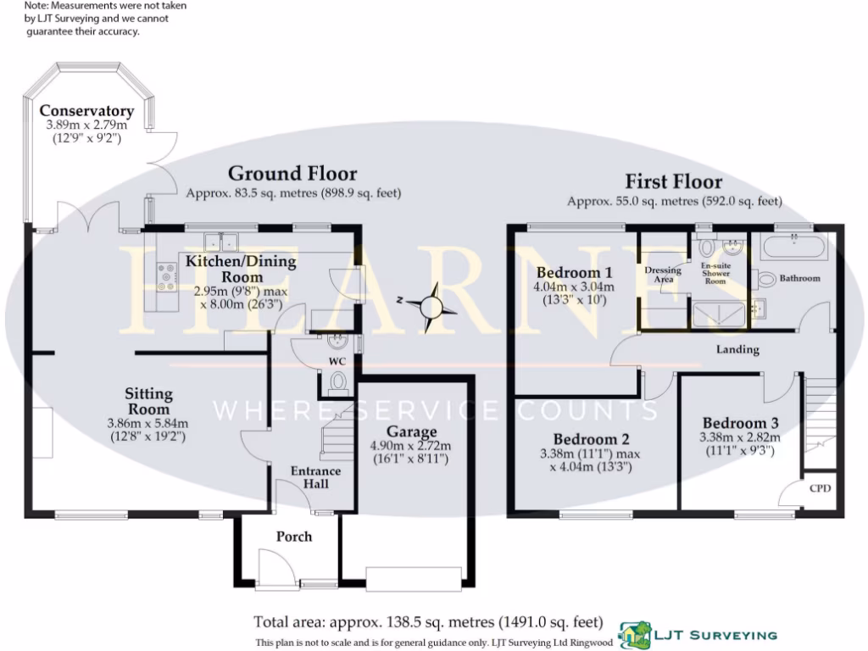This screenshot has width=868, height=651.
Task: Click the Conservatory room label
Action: [86, 111]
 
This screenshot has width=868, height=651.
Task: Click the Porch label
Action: [293, 536]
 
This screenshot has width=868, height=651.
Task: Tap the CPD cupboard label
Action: [820, 488]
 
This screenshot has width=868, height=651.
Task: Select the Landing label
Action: [737, 349]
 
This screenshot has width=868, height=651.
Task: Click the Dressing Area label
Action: [663, 275]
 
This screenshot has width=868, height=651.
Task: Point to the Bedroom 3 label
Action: [740, 423]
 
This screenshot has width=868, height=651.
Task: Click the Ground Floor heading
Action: [292, 174]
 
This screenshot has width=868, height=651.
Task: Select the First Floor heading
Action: [673, 181]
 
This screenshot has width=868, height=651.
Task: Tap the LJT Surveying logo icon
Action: [634, 633]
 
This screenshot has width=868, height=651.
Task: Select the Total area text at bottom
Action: [428, 621]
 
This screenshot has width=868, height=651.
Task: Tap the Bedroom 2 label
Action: [591, 439]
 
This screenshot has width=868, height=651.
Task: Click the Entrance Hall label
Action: [315, 477]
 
